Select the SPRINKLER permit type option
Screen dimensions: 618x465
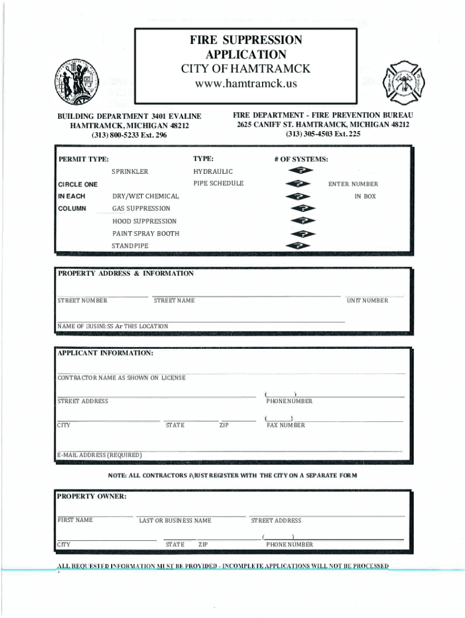tap(129, 172)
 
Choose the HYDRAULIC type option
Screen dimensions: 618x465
tap(213, 172)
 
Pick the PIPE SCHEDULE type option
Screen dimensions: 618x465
tap(218, 183)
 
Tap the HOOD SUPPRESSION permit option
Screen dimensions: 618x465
tap(144, 221)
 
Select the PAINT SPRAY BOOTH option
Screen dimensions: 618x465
tap(146, 234)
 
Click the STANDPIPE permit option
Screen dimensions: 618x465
tap(130, 246)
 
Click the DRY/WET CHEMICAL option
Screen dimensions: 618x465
tap(146, 196)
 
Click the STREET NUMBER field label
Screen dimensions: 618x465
tap(82, 301)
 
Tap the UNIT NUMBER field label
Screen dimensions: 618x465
tap(367, 301)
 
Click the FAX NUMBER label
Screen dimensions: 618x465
tap(286, 425)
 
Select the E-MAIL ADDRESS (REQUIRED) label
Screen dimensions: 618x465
tap(100, 455)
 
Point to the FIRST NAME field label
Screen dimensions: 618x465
tap(75, 520)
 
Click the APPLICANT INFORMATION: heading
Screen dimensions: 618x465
tap(105, 353)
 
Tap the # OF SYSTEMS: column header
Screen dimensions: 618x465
tap(301, 159)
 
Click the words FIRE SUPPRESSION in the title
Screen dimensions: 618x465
tap(245, 40)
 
